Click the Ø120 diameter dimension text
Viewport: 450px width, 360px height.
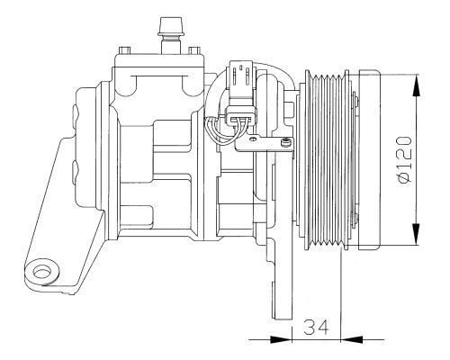coord(404,161)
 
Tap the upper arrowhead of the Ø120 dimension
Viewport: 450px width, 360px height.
coord(417,85)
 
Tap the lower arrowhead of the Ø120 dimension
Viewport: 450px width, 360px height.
coord(417,234)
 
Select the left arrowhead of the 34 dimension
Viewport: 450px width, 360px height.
coord(281,340)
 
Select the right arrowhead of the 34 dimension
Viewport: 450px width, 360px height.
coord(352,340)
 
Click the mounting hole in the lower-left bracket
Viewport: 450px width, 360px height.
coord(40,273)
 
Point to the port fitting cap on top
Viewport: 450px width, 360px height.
coord(170,26)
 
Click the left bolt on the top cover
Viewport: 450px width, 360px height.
coord(125,50)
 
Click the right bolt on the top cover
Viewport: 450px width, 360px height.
coord(194,50)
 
